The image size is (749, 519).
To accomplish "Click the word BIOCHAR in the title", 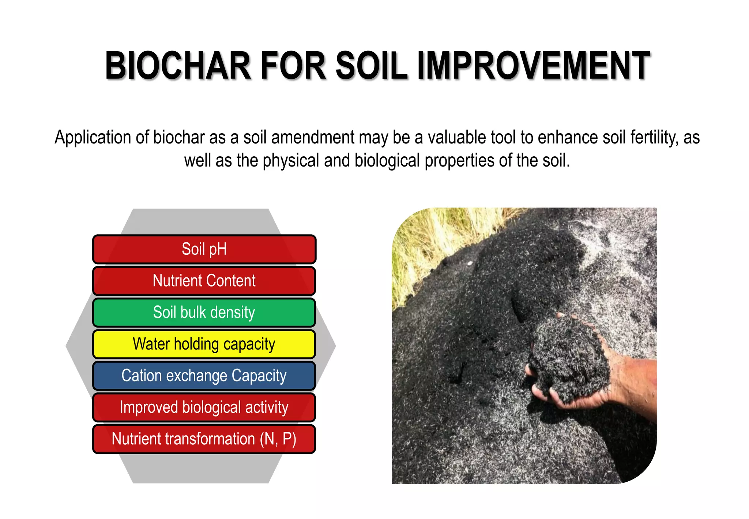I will point(178,66).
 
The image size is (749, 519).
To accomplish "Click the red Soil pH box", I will point(204,249).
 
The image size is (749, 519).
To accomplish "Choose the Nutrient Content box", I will point(204,281).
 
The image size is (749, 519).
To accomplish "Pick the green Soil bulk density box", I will point(204,313).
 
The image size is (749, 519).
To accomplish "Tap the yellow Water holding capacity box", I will point(204,344).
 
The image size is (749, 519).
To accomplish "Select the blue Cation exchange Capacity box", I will point(204,376).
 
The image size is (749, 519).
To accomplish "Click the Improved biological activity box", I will point(204,407).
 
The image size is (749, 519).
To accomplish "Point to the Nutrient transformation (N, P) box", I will point(204,439).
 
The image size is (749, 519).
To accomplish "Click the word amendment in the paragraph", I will point(313,138).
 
